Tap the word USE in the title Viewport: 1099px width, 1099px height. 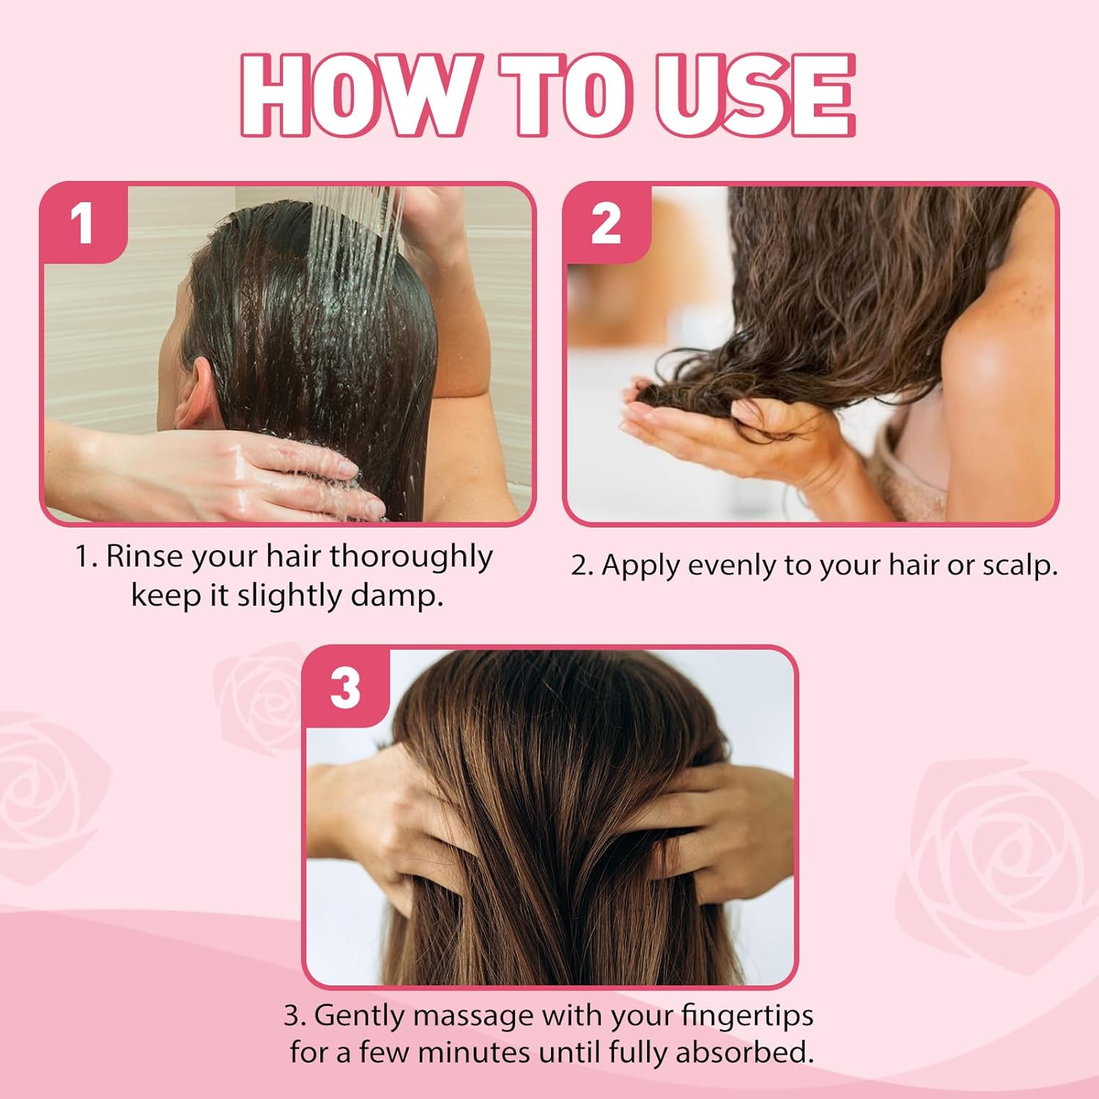755,95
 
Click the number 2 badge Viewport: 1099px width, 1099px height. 606,223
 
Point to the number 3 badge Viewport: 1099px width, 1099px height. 346,687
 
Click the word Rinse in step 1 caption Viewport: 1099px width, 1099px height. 144,556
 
